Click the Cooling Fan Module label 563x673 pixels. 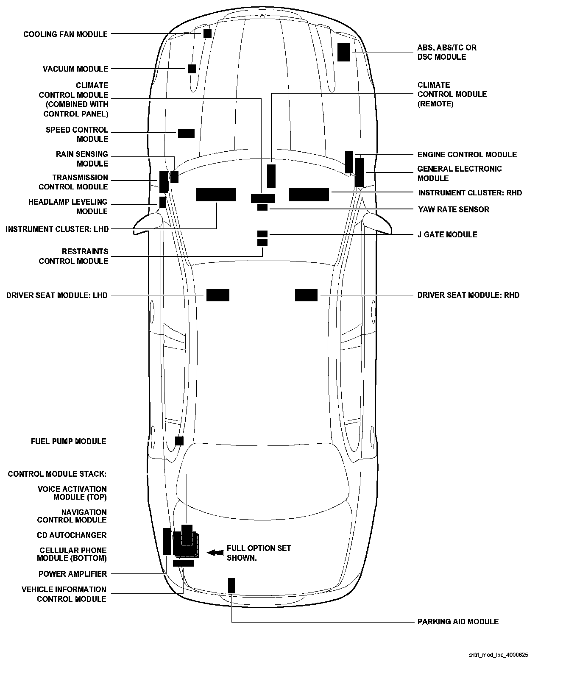[65, 34]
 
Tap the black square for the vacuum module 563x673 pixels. [192, 69]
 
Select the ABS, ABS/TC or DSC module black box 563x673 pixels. [343, 52]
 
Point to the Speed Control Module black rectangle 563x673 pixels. [186, 133]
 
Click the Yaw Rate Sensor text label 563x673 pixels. [453, 209]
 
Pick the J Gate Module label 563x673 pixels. [447, 234]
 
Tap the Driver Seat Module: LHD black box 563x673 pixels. [218, 295]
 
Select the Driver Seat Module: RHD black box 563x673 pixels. [306, 295]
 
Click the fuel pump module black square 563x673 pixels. [179, 441]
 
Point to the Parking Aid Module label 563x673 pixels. [458, 622]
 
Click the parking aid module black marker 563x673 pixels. [231, 585]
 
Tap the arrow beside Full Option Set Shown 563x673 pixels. [215, 552]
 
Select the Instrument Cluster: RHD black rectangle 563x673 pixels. [309, 194]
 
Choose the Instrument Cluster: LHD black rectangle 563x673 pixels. [216, 194]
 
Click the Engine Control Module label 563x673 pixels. [467, 155]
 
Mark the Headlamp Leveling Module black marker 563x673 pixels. [162, 202]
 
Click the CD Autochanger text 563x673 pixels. [72, 535]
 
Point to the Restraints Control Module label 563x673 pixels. [74, 256]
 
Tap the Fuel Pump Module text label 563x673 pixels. [68, 441]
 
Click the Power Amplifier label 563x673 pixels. [72, 574]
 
